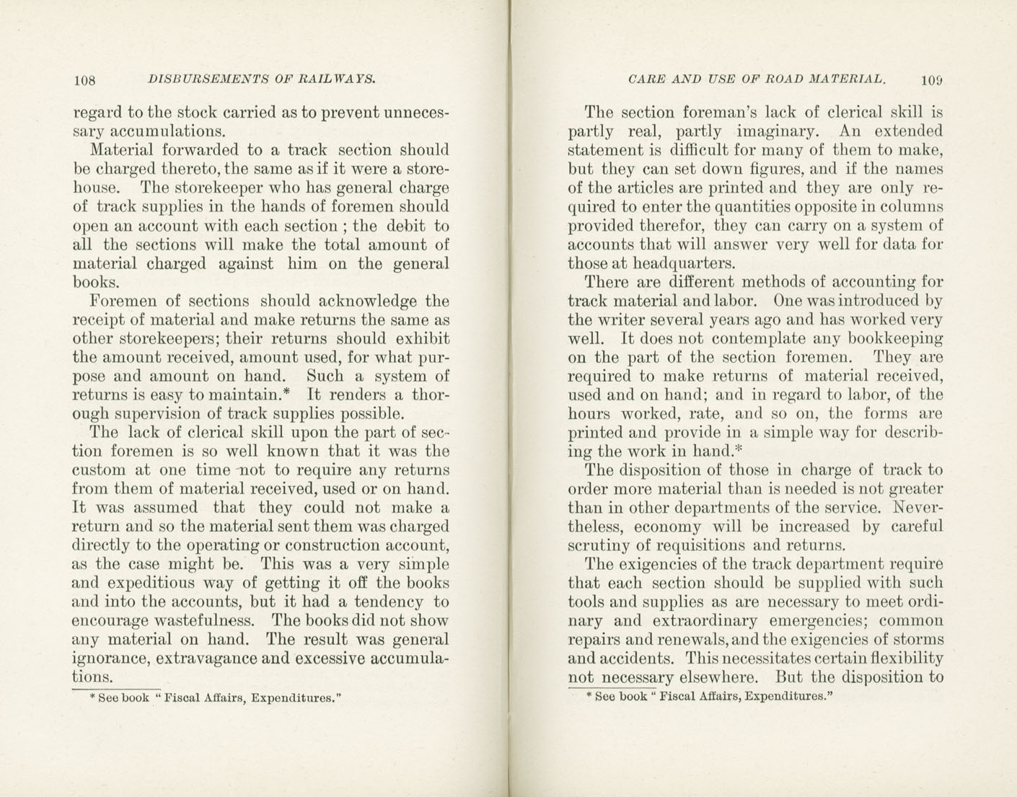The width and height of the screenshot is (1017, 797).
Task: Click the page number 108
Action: (x=84, y=80)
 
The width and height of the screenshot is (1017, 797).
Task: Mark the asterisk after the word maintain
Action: (x=286, y=392)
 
